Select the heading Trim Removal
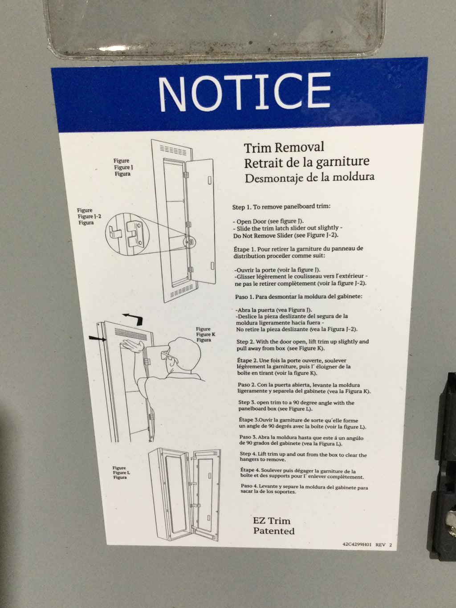[x=284, y=147]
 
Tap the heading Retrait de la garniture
[x=306, y=162]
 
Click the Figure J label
[x=124, y=167]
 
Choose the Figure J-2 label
[x=89, y=216]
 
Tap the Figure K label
[x=205, y=335]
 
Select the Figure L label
[x=121, y=473]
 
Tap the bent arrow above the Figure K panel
[x=134, y=319]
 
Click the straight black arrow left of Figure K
[x=98, y=338]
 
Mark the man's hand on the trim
[x=133, y=346]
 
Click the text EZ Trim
[x=272, y=521]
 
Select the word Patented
[x=274, y=531]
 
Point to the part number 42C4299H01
[x=357, y=544]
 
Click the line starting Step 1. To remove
[x=281, y=207]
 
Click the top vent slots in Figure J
[x=173, y=151]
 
